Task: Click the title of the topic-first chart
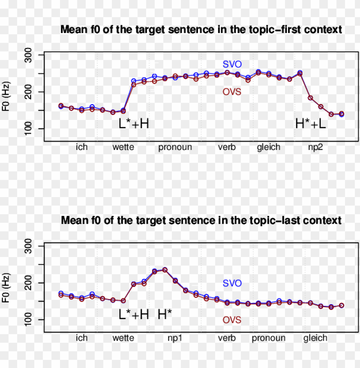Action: [201, 30]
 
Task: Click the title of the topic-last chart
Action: [201, 221]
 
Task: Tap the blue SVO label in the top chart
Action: [232, 64]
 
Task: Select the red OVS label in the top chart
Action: [232, 92]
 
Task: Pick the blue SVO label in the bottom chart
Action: [232, 283]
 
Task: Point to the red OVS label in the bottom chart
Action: [232, 320]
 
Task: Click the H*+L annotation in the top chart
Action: [311, 124]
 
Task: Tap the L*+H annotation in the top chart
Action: [134, 124]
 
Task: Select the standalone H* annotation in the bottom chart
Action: [165, 314]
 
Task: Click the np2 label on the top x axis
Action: [315, 147]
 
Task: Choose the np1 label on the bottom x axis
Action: [175, 338]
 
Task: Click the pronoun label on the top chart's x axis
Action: [175, 147]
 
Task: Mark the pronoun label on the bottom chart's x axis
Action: [268, 338]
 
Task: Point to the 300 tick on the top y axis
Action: [33, 55]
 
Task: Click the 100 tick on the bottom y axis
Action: [33, 320]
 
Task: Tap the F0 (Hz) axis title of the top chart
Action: [6, 98]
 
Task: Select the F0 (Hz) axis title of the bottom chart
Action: [6, 289]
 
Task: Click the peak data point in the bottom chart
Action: [165, 270]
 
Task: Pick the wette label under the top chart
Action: [123, 147]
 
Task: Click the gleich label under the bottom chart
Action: [315, 338]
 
